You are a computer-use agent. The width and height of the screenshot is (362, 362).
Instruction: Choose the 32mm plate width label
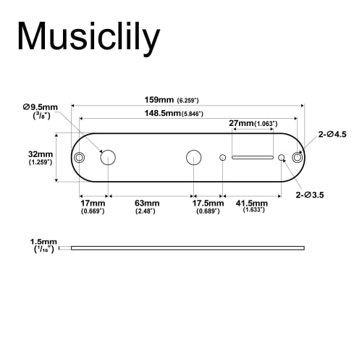(x=41, y=158)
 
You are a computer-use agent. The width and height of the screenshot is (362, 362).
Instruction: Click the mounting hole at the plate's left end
(x=79, y=157)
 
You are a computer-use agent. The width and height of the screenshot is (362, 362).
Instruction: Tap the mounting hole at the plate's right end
(x=297, y=157)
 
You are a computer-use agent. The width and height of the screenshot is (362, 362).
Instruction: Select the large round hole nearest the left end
(x=108, y=157)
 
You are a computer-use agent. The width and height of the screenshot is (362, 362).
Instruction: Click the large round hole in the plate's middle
(x=193, y=157)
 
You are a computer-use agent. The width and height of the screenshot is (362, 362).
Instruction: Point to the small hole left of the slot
(x=223, y=157)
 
